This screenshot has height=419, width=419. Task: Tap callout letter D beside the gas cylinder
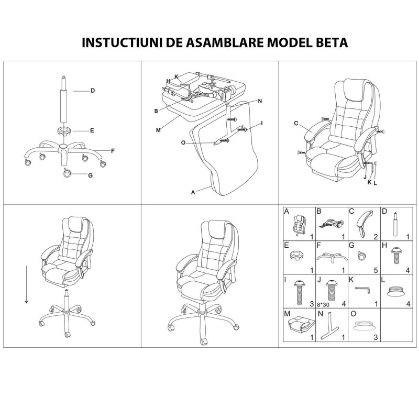tap(92, 91)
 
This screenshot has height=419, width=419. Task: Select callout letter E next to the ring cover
tap(92, 130)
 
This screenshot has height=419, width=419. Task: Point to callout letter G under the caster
tap(90, 175)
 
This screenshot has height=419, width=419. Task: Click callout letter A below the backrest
tap(193, 192)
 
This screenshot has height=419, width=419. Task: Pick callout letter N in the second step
tap(260, 101)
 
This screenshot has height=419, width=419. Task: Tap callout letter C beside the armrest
tap(296, 124)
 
